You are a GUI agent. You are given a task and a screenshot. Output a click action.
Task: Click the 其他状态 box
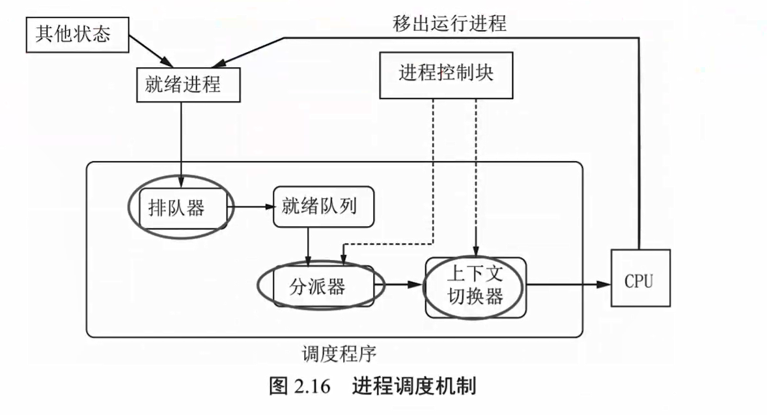point(72,34)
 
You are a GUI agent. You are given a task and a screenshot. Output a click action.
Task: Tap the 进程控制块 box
point(446,72)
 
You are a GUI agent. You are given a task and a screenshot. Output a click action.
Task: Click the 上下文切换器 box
point(475,286)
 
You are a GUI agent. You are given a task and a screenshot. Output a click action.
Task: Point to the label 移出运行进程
point(450,23)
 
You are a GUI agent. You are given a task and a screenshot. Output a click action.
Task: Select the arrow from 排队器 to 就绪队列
point(251,208)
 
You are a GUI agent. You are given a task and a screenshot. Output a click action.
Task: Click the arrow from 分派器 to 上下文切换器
point(400,285)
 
